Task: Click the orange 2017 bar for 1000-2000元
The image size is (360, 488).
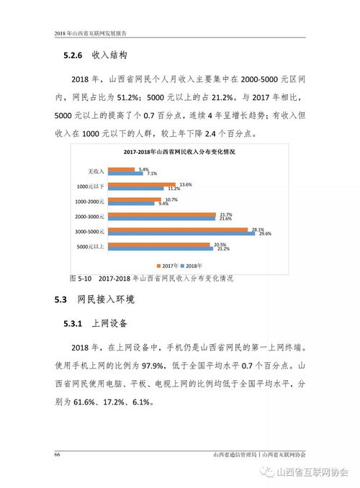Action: coord(138,199)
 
